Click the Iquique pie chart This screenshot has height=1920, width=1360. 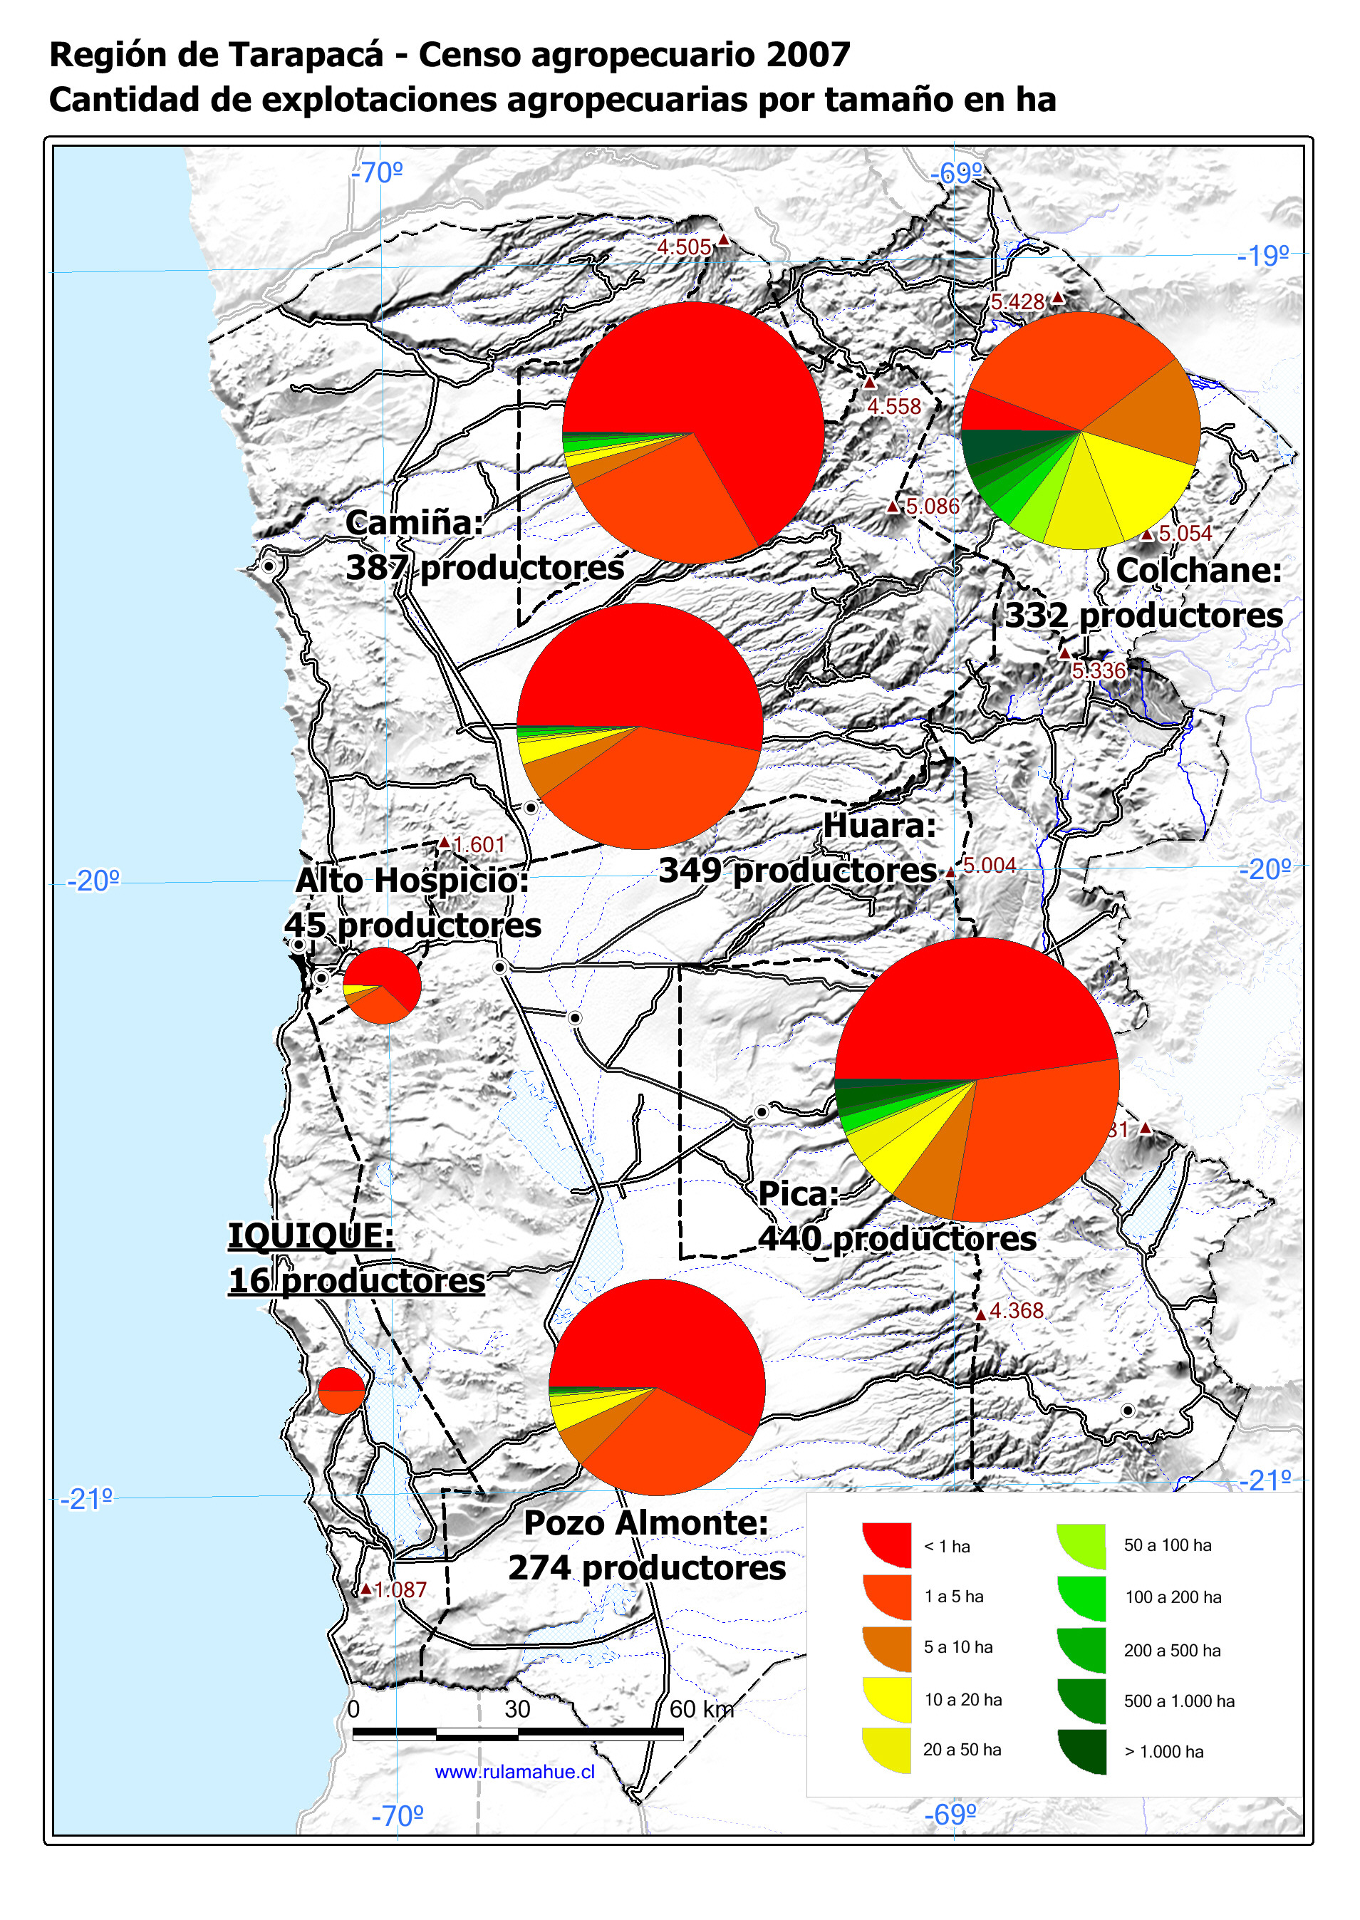342,1391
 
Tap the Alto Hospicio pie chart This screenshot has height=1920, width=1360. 382,985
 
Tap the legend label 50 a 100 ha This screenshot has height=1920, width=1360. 1168,1545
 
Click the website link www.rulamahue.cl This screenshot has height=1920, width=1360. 514,1772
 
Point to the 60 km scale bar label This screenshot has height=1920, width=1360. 701,1709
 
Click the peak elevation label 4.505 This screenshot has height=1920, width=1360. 684,247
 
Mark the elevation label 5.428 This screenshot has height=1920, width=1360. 1017,301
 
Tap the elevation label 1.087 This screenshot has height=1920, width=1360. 400,1589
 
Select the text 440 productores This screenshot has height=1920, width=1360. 897,1239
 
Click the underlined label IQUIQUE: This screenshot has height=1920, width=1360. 311,1235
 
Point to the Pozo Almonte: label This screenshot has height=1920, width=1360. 645,1522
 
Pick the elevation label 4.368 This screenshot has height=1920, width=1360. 1017,1310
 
